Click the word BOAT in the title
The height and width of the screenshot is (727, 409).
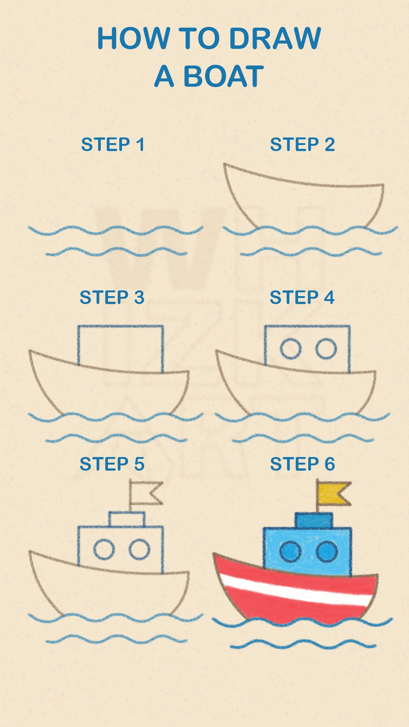(223, 76)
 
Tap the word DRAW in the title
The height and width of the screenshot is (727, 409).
(275, 38)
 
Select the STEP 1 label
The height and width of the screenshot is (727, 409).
(113, 145)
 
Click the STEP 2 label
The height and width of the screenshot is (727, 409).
(302, 145)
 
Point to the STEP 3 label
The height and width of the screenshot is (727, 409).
(112, 297)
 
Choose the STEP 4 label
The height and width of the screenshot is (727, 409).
(302, 297)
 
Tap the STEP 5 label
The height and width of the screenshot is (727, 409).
(112, 464)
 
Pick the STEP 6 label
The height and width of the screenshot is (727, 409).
(303, 464)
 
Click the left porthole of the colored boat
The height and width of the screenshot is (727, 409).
(290, 552)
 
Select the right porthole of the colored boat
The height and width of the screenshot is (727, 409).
(327, 552)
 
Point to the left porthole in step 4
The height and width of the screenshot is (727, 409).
(291, 348)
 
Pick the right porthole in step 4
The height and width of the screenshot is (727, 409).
(326, 348)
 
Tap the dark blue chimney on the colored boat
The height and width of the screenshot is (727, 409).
(314, 521)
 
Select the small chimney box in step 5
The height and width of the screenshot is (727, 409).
(127, 519)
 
